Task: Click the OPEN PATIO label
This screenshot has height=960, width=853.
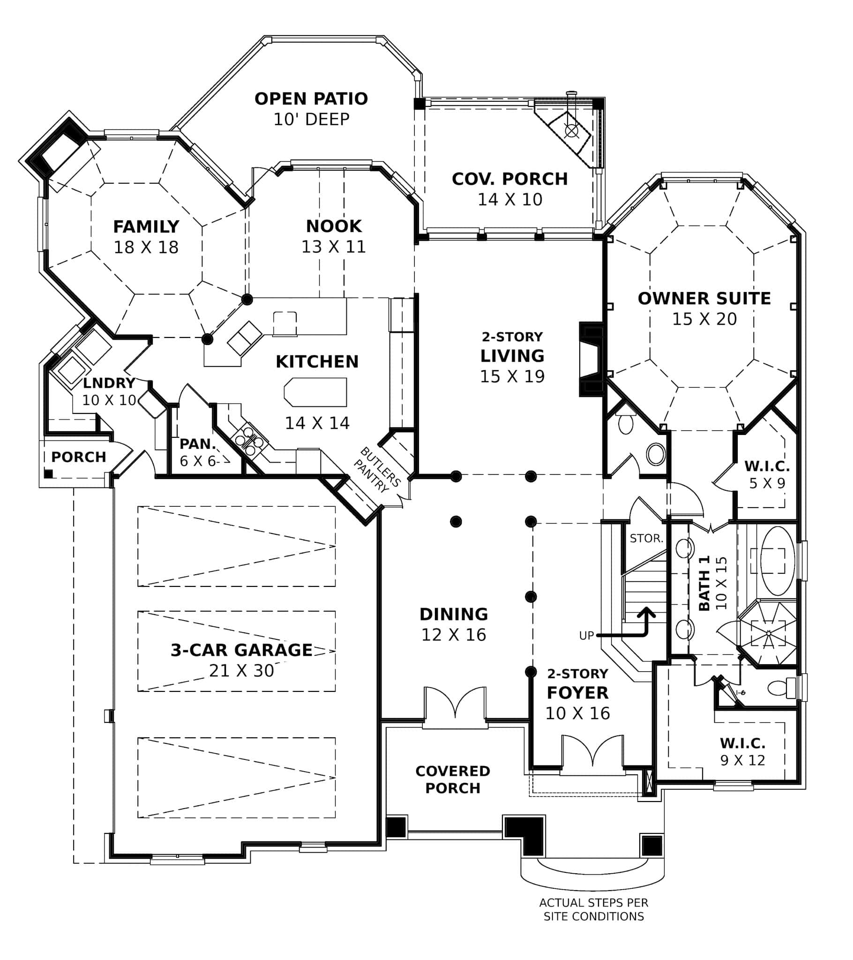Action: point(311,99)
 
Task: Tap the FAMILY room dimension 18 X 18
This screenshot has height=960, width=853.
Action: point(146,247)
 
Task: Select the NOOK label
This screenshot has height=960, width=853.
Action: point(334,226)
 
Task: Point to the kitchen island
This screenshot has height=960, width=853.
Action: point(315,392)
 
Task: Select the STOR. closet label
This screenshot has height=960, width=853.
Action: point(646,538)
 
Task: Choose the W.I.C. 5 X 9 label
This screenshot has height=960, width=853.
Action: point(767,474)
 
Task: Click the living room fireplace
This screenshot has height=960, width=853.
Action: point(591,359)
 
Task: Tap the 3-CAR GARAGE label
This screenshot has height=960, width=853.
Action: point(241,650)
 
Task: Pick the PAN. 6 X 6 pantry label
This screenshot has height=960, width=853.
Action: point(197,452)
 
